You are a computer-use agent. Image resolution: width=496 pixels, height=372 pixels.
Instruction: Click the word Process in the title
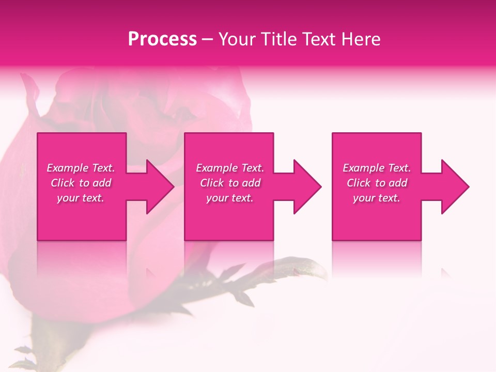(x=162, y=39)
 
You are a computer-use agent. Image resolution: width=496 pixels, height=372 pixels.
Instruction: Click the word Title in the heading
(x=279, y=39)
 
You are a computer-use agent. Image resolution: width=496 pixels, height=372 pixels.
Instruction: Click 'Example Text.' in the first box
(x=81, y=168)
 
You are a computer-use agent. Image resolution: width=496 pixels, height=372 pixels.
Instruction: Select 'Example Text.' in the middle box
(x=230, y=168)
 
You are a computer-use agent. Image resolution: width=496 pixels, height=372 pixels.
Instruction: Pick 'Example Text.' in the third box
(x=377, y=168)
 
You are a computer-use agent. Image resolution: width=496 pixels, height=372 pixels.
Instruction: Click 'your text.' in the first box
(x=81, y=198)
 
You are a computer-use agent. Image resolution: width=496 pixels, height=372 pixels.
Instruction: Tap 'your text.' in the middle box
(x=230, y=198)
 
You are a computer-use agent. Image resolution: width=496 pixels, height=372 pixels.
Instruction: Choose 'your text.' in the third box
(x=377, y=198)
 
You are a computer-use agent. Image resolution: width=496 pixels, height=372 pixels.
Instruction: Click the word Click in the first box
(x=62, y=183)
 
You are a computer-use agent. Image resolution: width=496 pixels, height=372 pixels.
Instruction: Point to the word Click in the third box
(x=359, y=183)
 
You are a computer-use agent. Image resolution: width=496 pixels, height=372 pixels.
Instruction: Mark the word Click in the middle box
(x=212, y=183)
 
